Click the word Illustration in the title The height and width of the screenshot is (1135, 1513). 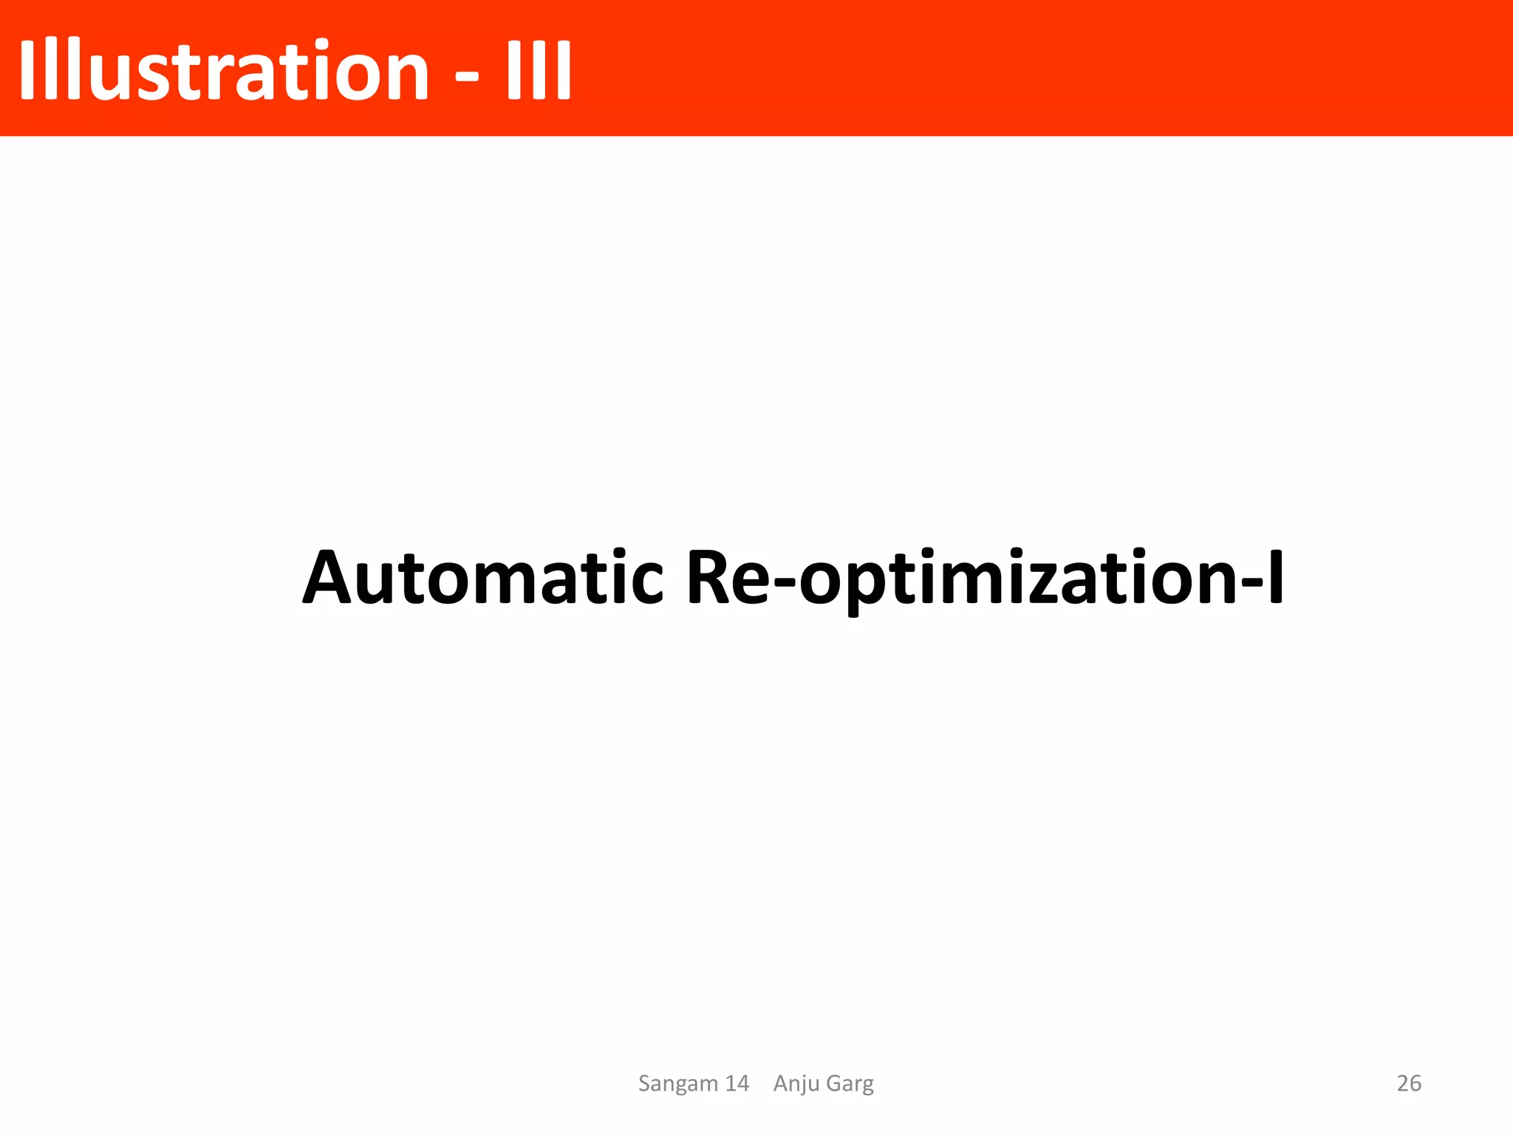(x=223, y=70)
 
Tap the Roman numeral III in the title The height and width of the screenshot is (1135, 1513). (x=539, y=70)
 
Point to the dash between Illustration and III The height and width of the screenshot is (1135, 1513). (x=466, y=74)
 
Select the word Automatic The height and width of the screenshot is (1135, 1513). (x=483, y=578)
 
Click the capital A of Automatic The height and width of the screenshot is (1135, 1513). (x=332, y=578)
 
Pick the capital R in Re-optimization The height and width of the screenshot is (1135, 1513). (x=711, y=578)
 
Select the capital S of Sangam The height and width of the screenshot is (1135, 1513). (x=645, y=1083)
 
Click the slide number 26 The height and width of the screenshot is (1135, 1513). (x=1409, y=1083)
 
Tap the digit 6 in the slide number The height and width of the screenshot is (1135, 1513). (x=1415, y=1083)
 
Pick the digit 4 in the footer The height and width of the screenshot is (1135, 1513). (x=742, y=1083)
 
